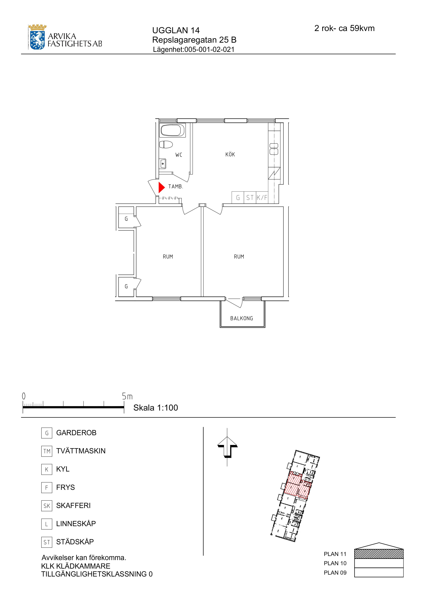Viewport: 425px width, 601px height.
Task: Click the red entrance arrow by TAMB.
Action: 161,187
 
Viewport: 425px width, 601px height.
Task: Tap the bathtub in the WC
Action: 173,130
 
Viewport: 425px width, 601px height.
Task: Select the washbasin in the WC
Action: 163,164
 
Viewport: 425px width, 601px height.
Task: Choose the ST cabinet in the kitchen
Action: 250,198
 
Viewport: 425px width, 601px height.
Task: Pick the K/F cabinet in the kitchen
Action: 262,198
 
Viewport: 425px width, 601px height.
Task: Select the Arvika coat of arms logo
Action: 38,37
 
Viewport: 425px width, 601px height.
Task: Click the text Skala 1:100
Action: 156,408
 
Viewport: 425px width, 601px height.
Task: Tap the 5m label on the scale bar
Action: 127,396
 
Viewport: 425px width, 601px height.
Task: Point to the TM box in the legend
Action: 47,451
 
